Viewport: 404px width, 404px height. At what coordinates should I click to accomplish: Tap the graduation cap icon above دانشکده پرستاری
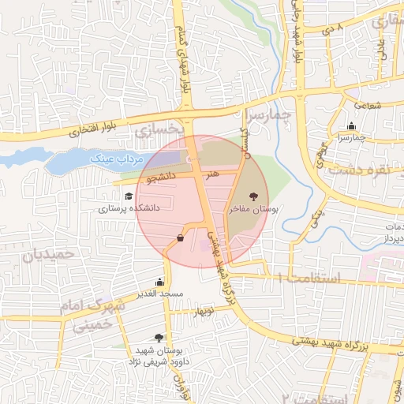point(128,196)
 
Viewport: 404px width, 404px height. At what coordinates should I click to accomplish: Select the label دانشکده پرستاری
point(129,208)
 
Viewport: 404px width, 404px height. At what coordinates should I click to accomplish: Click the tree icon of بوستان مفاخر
point(253,196)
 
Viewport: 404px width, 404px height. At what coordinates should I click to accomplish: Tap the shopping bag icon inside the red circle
point(181,237)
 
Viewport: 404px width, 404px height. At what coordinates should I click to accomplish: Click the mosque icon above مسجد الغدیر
point(160,282)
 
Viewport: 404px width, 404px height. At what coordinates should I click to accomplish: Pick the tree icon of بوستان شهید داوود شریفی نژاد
point(161,337)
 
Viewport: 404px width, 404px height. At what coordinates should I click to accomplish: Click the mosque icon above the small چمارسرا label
point(350,125)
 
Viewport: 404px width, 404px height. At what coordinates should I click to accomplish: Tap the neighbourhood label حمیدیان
point(48,255)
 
